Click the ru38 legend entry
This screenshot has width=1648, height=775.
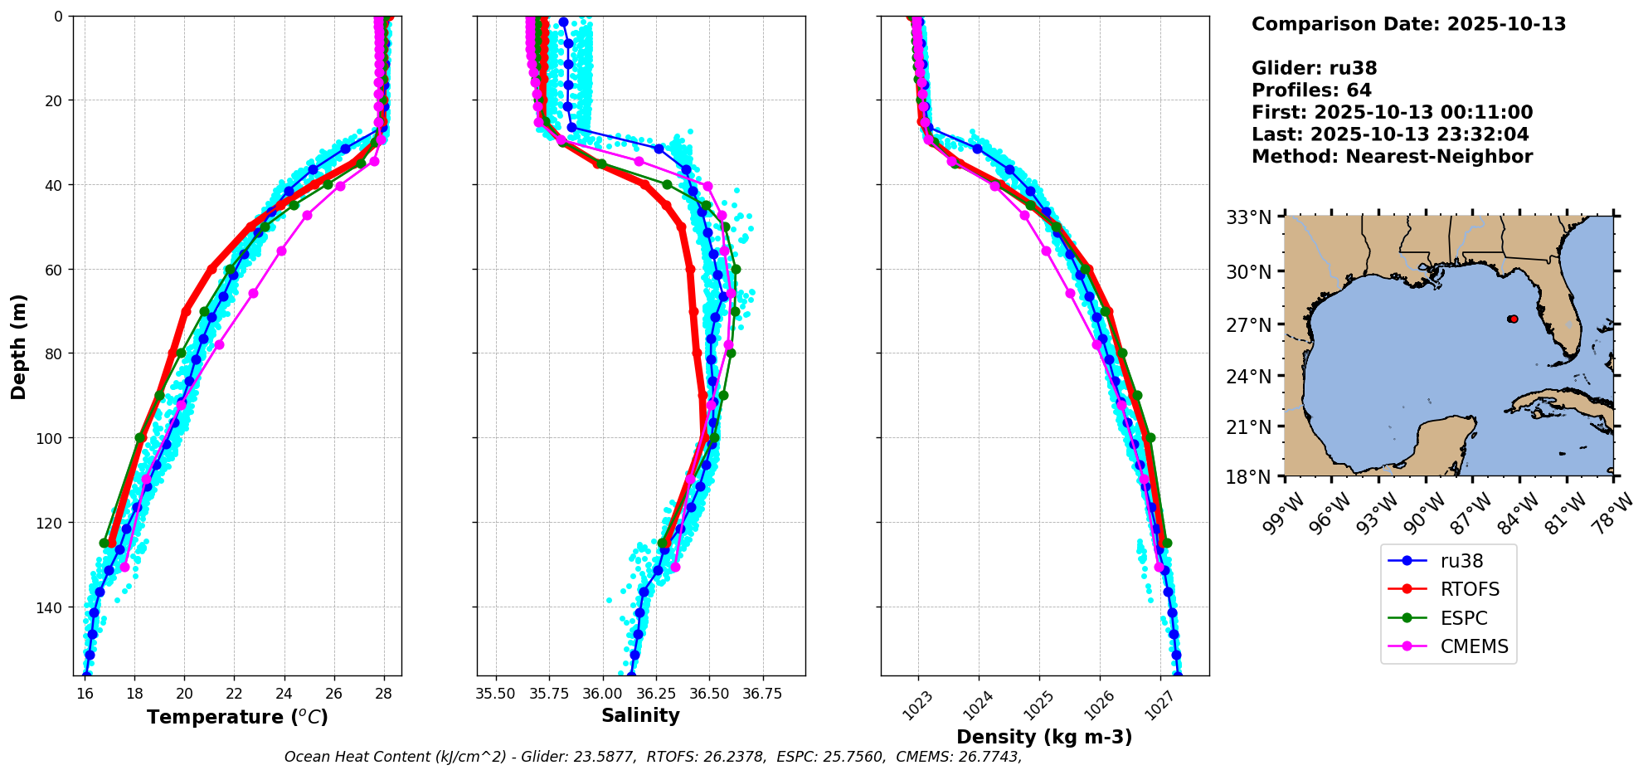point(1461,561)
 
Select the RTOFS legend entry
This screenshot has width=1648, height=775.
point(1469,589)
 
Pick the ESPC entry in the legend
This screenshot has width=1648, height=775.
point(1463,618)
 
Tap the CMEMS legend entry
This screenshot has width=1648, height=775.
point(1473,646)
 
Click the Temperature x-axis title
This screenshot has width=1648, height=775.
point(237,717)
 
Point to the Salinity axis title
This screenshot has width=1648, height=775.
point(640,715)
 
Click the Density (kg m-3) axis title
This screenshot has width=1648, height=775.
point(1044,737)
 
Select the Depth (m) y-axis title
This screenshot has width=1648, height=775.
point(18,346)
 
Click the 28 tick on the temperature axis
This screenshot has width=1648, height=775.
point(384,694)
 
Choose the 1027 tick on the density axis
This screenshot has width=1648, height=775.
point(1159,706)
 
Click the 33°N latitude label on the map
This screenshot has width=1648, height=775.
point(1249,218)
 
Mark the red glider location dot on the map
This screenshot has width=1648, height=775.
point(1513,319)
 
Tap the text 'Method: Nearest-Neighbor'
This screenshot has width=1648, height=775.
point(1392,157)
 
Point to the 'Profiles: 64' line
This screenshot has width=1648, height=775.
point(1311,90)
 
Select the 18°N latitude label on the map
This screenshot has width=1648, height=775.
point(1249,477)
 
